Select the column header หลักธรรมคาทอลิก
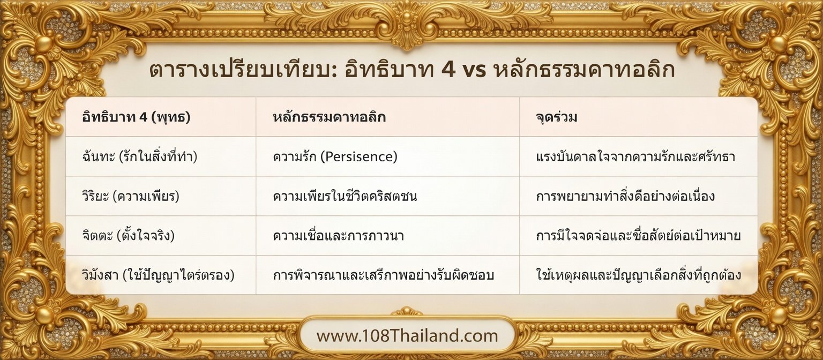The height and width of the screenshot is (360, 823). [x=328, y=117]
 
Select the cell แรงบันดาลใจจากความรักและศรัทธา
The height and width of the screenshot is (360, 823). [x=635, y=157]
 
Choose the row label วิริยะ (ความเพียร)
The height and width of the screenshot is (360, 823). [x=131, y=196]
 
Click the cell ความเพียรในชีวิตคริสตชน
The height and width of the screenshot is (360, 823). [x=345, y=196]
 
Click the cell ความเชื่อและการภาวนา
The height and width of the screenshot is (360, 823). [x=338, y=236]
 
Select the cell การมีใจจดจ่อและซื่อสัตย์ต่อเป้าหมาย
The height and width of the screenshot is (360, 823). [x=638, y=236]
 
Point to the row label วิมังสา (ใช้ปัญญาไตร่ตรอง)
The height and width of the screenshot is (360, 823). [x=158, y=275]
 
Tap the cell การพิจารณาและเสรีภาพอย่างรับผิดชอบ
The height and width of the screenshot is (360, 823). [x=383, y=275]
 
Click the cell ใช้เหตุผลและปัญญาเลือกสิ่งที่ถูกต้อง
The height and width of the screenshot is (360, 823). [x=638, y=275]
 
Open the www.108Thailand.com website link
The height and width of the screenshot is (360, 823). [x=407, y=336]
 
